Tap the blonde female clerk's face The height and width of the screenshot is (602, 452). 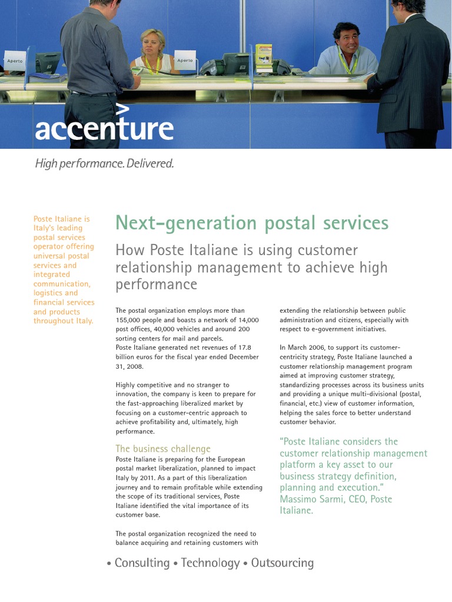[152, 42]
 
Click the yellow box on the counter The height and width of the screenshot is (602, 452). [264, 56]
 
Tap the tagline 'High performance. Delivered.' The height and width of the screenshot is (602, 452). [104, 163]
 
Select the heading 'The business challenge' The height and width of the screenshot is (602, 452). [162, 449]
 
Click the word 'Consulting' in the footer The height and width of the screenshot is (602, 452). [141, 563]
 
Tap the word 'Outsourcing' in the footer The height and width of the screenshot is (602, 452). [282, 563]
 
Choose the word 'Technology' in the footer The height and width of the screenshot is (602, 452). [210, 563]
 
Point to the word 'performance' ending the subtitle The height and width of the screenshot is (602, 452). [156, 285]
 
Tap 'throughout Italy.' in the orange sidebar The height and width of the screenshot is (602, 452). [63, 321]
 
